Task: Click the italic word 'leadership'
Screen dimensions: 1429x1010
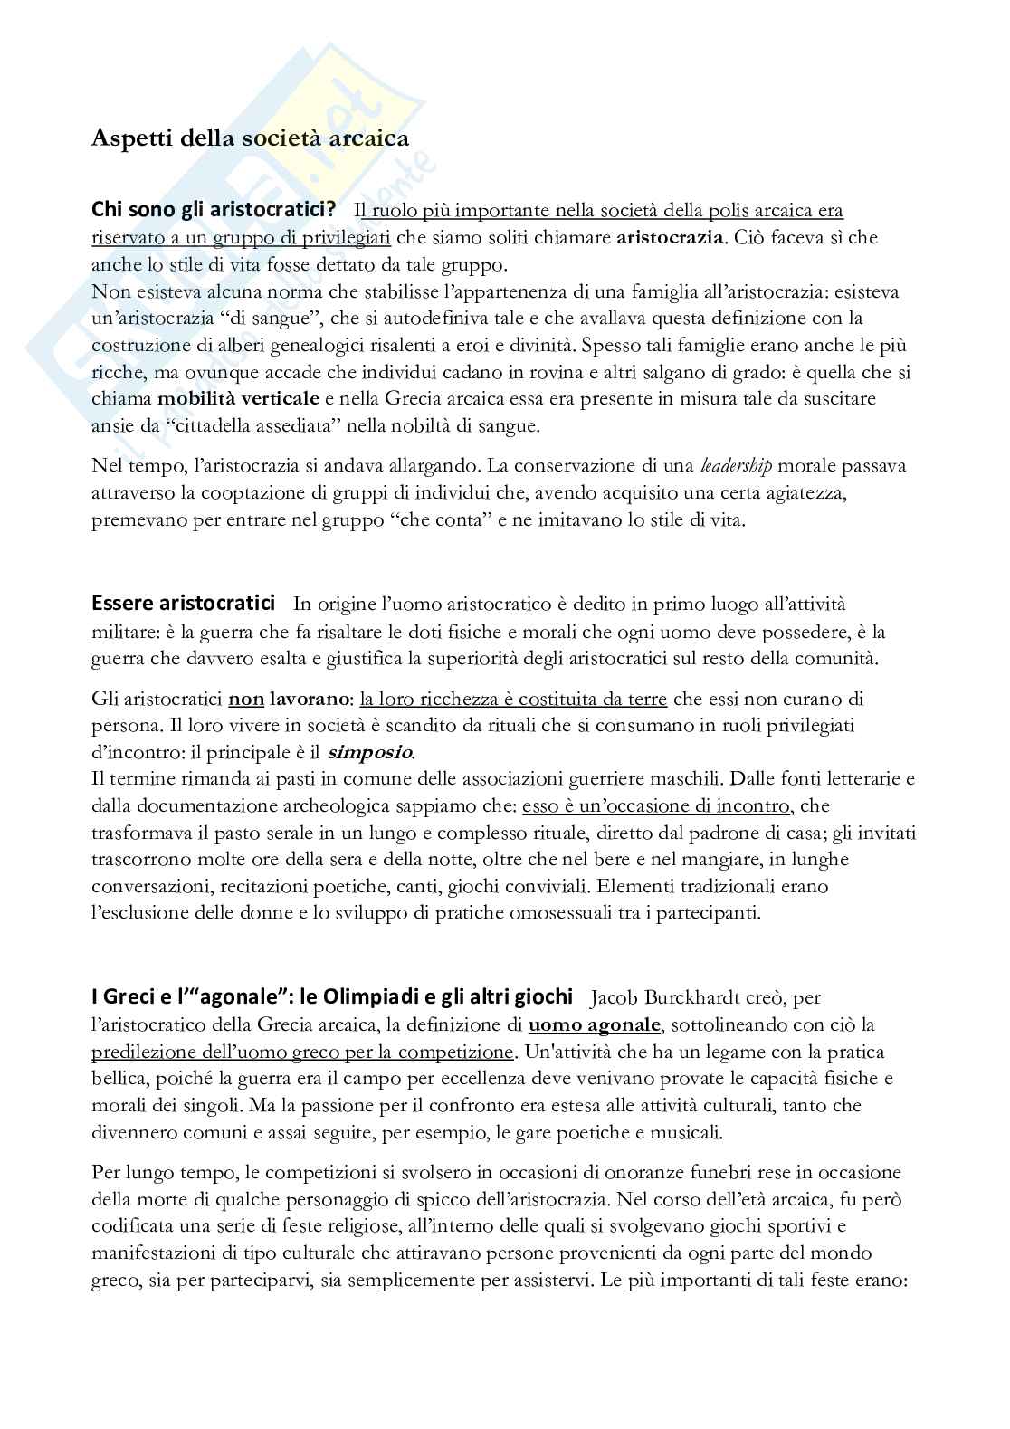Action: (736, 466)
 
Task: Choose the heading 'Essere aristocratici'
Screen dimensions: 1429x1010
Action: (183, 603)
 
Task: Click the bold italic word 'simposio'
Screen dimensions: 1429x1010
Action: (369, 752)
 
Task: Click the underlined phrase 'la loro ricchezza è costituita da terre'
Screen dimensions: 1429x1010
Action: (513, 699)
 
